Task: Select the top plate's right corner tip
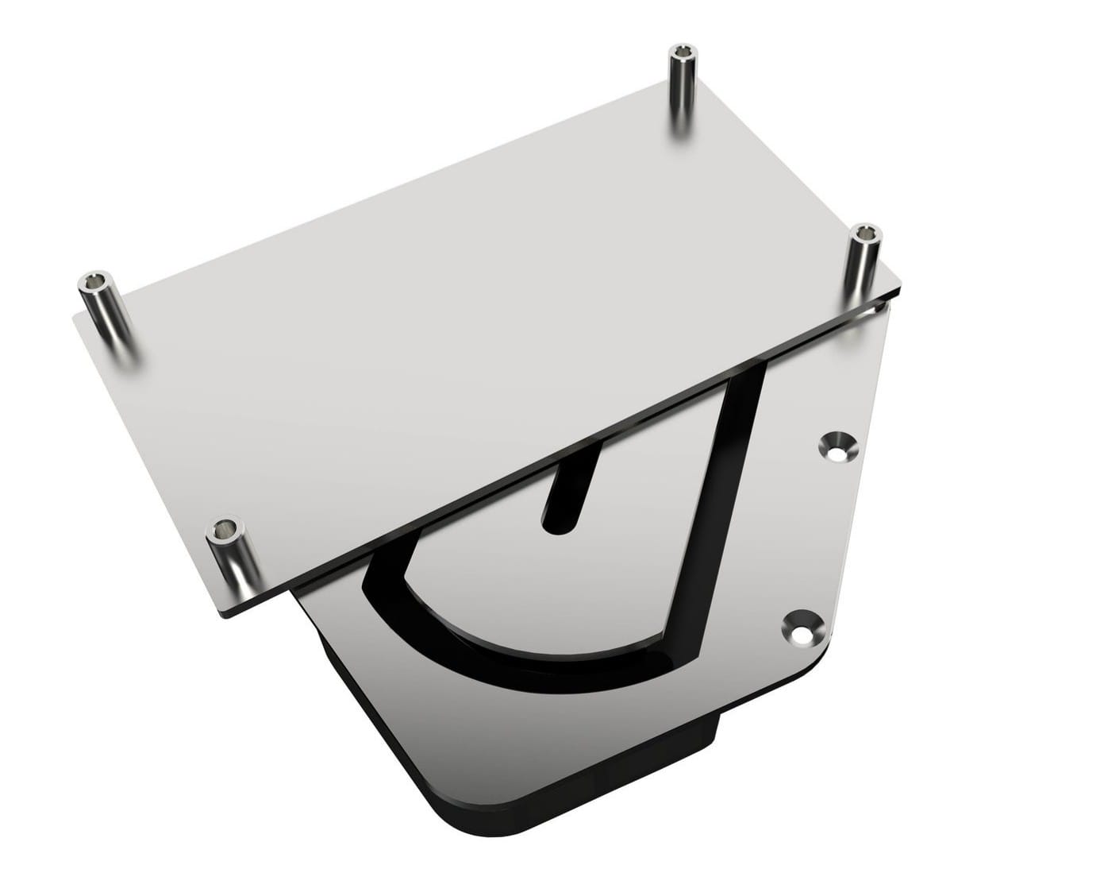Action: point(903,287)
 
